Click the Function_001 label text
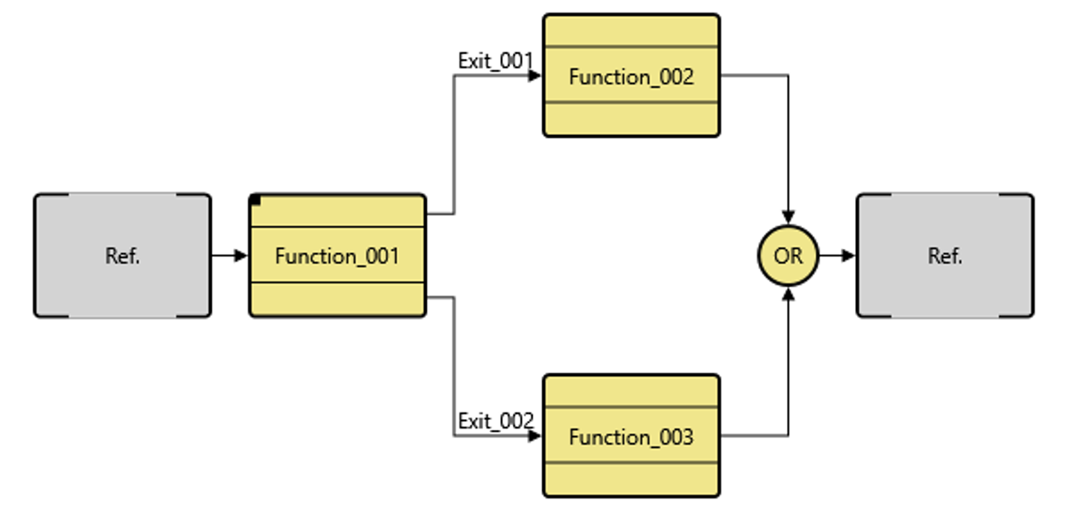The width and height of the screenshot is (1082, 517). tap(336, 256)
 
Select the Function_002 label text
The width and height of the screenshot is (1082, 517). tap(631, 77)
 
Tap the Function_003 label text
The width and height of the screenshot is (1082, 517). tap(631, 437)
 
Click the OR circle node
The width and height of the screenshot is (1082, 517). tap(788, 256)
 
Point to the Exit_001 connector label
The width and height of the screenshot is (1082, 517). tap(495, 61)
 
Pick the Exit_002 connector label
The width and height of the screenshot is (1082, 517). tap(495, 421)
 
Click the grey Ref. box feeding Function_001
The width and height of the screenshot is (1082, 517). tap(122, 256)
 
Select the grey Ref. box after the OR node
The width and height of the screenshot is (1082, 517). tap(945, 256)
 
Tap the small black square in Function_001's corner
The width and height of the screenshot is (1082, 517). tap(256, 201)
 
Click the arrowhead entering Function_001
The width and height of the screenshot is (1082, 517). tap(242, 255)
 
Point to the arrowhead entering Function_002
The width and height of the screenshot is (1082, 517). tap(535, 76)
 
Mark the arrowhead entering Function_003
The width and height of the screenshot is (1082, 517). tap(535, 436)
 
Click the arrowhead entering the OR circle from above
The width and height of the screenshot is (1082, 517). tap(788, 218)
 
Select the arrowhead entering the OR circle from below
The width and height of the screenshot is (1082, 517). tap(788, 293)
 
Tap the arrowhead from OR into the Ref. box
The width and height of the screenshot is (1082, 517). tap(849, 255)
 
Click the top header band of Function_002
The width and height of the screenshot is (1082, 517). tap(631, 31)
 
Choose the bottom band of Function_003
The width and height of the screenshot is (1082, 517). tap(631, 478)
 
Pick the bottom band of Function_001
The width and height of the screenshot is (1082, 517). tap(336, 299)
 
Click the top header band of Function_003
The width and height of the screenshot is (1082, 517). tap(631, 391)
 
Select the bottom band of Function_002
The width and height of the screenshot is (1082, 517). tap(631, 118)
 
